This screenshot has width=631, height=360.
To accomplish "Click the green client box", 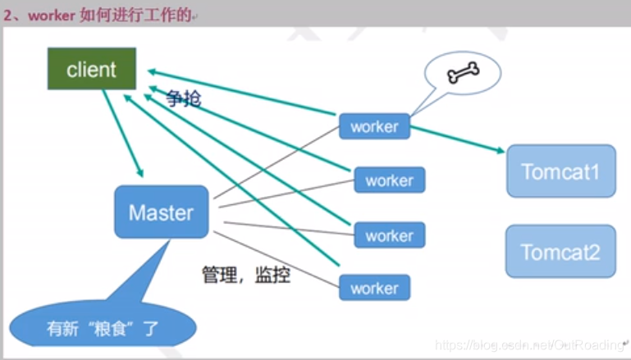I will click(91, 69).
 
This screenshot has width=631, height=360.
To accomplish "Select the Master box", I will click(161, 213).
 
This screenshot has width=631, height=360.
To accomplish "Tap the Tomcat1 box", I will click(560, 171).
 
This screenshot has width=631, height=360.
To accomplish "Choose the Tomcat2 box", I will click(560, 251).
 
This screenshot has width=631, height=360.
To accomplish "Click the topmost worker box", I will click(374, 126).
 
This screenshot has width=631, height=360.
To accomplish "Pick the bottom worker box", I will click(374, 288).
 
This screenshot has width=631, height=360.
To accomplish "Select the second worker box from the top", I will click(389, 180).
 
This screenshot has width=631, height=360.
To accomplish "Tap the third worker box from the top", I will click(389, 235).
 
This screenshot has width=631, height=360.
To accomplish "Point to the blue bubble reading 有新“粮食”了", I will click(103, 330).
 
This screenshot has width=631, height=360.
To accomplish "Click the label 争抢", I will click(183, 98).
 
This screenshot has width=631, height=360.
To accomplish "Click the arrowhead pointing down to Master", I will click(140, 172).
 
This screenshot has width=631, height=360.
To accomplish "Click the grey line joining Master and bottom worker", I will click(279, 260).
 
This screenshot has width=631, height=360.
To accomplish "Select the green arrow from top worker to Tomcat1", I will click(455, 139).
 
